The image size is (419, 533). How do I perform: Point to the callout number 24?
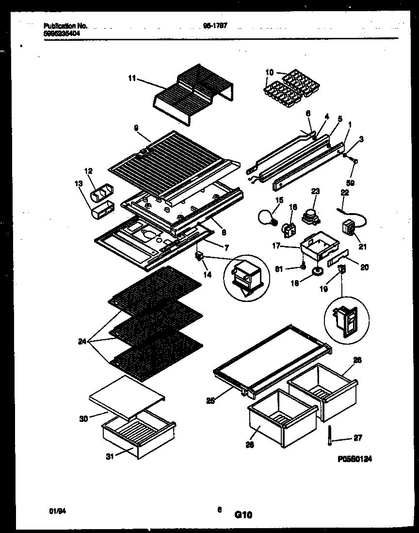[82, 341]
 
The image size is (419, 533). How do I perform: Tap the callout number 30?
[83, 418]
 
